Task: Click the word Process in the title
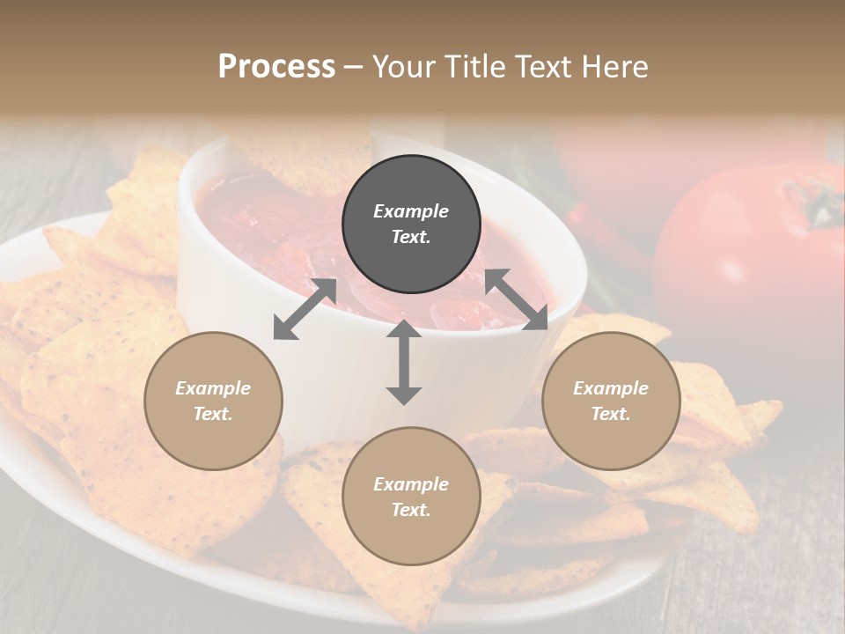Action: pos(276,67)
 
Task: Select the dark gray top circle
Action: pos(411,225)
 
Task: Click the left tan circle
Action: pos(213,401)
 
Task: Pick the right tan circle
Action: pos(611,401)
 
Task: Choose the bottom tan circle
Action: pos(411,497)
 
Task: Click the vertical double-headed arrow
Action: pos(403,362)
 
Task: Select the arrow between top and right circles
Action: pos(517,299)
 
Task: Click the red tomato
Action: pos(739,255)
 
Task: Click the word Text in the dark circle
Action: pos(411,238)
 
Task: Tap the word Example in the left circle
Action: pos(213,388)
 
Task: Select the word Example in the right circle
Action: pos(611,388)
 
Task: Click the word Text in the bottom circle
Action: pos(411,510)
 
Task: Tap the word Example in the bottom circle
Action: pos(411,484)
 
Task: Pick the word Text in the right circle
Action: pos(611,414)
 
